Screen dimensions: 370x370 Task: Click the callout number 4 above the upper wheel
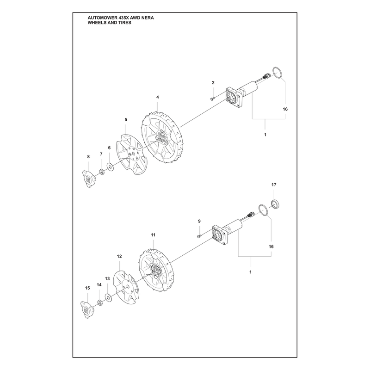coord(157,97)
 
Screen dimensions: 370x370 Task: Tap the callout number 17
coord(274,185)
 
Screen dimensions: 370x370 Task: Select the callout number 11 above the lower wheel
coord(153,235)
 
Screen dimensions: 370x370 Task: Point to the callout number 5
coord(126,120)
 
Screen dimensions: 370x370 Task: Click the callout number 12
coord(119,256)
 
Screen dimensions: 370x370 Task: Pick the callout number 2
coord(213,83)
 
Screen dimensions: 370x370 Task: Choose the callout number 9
coord(199,221)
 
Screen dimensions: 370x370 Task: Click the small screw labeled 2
coord(212,99)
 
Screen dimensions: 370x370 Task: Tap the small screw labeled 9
coord(198,236)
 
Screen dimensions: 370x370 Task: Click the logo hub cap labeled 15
coord(87,309)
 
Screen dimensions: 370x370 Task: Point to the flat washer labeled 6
coord(110,167)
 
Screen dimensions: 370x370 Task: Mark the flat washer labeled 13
coord(109,298)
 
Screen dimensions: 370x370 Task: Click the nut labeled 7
coord(102,172)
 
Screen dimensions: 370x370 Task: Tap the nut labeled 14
coord(100,303)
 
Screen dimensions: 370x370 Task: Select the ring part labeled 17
coord(275,204)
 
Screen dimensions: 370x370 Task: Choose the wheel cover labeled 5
coord(132,154)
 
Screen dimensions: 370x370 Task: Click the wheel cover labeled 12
coord(126,288)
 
